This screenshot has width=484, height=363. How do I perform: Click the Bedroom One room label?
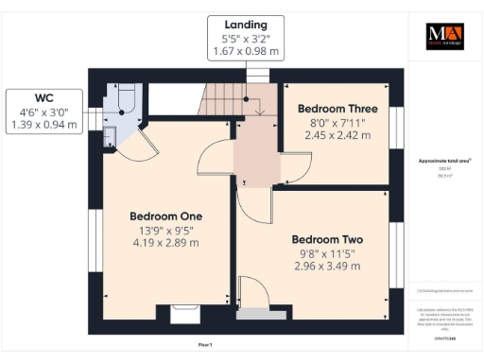pos(165,216)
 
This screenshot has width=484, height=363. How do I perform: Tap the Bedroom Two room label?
pos(326,239)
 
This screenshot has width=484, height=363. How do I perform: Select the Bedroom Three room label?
pos(335,108)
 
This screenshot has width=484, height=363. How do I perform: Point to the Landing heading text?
pos(246,25)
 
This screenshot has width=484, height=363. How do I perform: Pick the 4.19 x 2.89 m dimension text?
pos(165,243)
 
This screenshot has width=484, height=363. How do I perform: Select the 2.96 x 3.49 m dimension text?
pos(326,267)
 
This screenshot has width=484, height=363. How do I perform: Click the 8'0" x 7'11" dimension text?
pos(335,122)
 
